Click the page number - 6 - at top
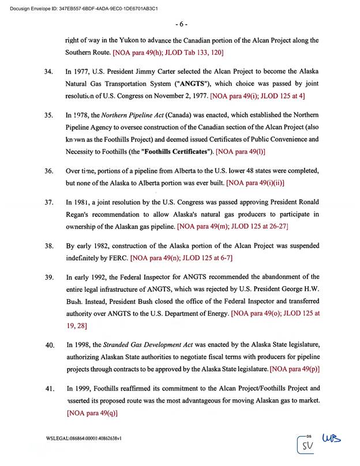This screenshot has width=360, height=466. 181,24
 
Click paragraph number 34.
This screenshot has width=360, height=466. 48,73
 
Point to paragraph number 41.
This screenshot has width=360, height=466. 48,389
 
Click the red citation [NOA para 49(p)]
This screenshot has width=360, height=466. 295,369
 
